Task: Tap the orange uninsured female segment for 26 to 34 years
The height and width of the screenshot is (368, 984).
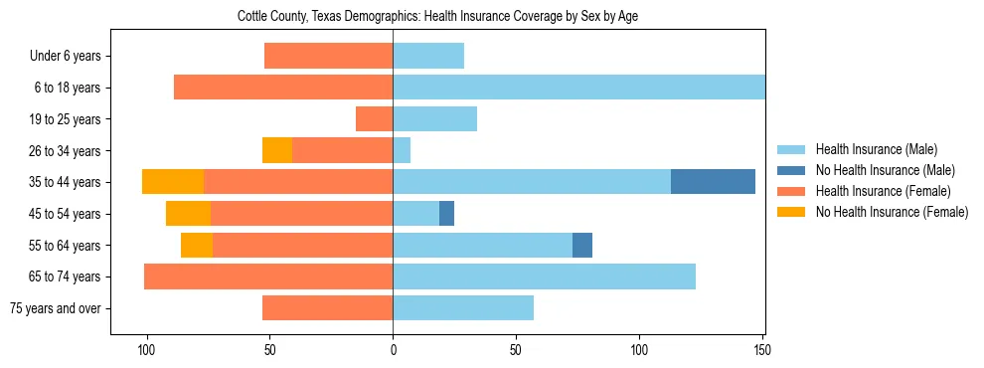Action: pos(276,150)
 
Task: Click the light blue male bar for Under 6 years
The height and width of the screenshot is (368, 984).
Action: pos(428,56)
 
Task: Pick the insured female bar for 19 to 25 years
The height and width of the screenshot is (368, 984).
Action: pos(374,118)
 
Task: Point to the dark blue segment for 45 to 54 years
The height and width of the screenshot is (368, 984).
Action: pos(446,213)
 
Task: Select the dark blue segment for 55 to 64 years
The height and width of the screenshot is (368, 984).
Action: pos(582,245)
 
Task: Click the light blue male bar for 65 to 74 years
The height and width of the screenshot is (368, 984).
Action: pos(544,276)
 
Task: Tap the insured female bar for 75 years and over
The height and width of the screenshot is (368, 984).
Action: pos(327,308)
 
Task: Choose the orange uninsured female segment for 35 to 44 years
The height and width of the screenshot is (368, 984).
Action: pos(173,181)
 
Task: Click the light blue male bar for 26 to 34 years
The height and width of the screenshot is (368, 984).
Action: pos(402,150)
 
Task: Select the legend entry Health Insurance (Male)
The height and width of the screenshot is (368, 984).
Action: pos(875,149)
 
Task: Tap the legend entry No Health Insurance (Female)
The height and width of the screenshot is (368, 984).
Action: pos(892,212)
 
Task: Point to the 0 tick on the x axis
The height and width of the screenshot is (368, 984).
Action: pos(393,350)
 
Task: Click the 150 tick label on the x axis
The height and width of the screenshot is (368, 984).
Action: pos(761,350)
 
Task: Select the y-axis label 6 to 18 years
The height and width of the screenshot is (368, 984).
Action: pos(67,88)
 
